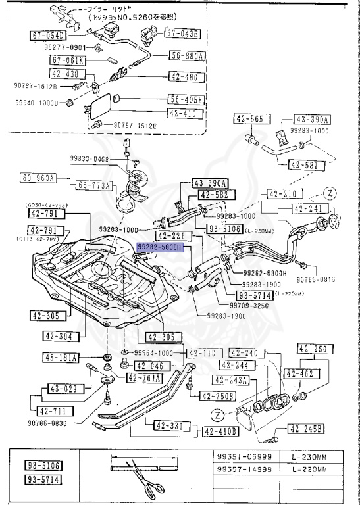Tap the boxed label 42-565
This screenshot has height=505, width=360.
click(x=248, y=119)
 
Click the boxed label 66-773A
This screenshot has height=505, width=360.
click(x=92, y=185)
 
